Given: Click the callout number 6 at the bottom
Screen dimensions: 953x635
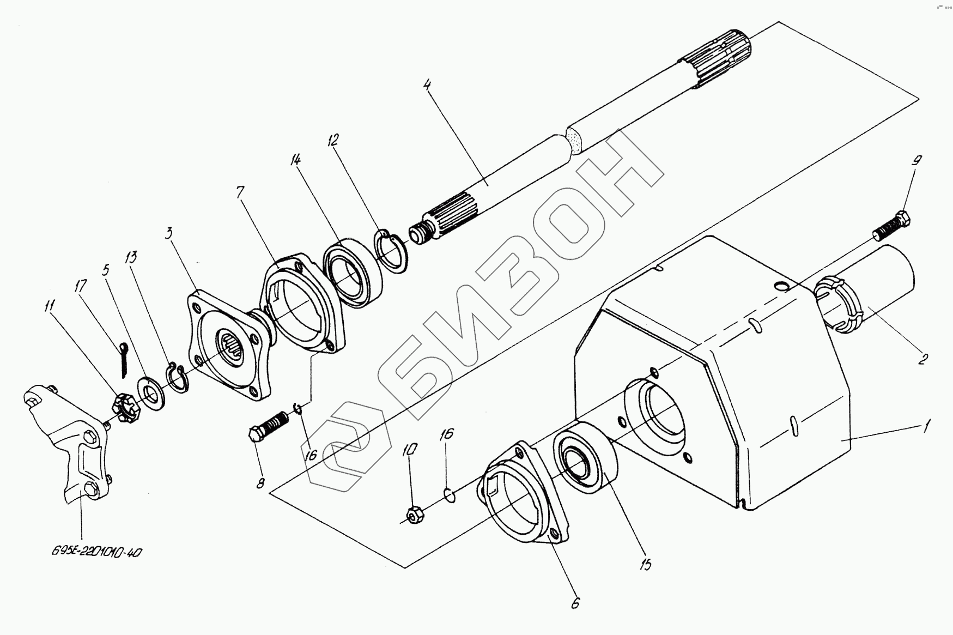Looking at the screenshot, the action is point(576,603).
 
